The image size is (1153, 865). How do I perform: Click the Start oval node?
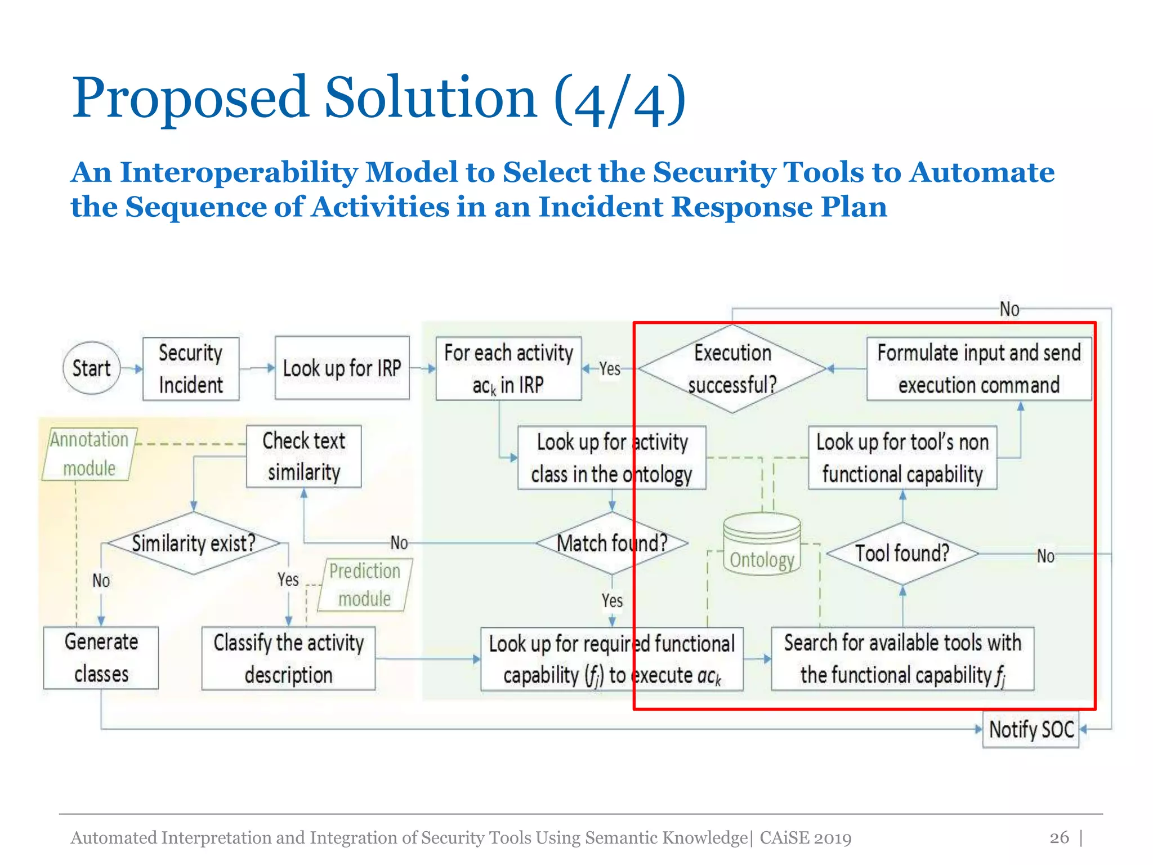pos(91,368)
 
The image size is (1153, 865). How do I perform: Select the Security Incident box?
pos(191,369)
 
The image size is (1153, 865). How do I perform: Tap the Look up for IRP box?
pos(342,368)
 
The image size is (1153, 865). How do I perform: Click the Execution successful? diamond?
pos(732,369)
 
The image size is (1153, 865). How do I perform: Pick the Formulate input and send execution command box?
pos(978,369)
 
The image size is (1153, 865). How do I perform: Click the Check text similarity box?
pos(304,456)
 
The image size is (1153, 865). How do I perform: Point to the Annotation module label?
pos(89,454)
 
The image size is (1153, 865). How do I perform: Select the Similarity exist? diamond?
pos(194,543)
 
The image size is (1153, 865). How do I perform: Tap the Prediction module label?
pos(365,585)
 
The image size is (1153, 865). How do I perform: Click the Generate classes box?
pos(101,658)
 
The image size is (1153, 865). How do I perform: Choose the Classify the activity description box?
pos(288,658)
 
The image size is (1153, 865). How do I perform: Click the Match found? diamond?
pos(612,543)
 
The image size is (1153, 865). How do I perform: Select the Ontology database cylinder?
pos(762,545)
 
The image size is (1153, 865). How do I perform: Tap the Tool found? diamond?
pos(902,554)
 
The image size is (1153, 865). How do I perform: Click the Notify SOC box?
pos(1031,729)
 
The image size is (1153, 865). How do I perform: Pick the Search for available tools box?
pos(902,658)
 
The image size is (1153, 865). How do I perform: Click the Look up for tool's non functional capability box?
pos(902,458)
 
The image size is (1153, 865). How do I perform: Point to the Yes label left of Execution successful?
pos(610,369)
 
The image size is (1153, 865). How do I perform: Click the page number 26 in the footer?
pos(1059,837)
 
